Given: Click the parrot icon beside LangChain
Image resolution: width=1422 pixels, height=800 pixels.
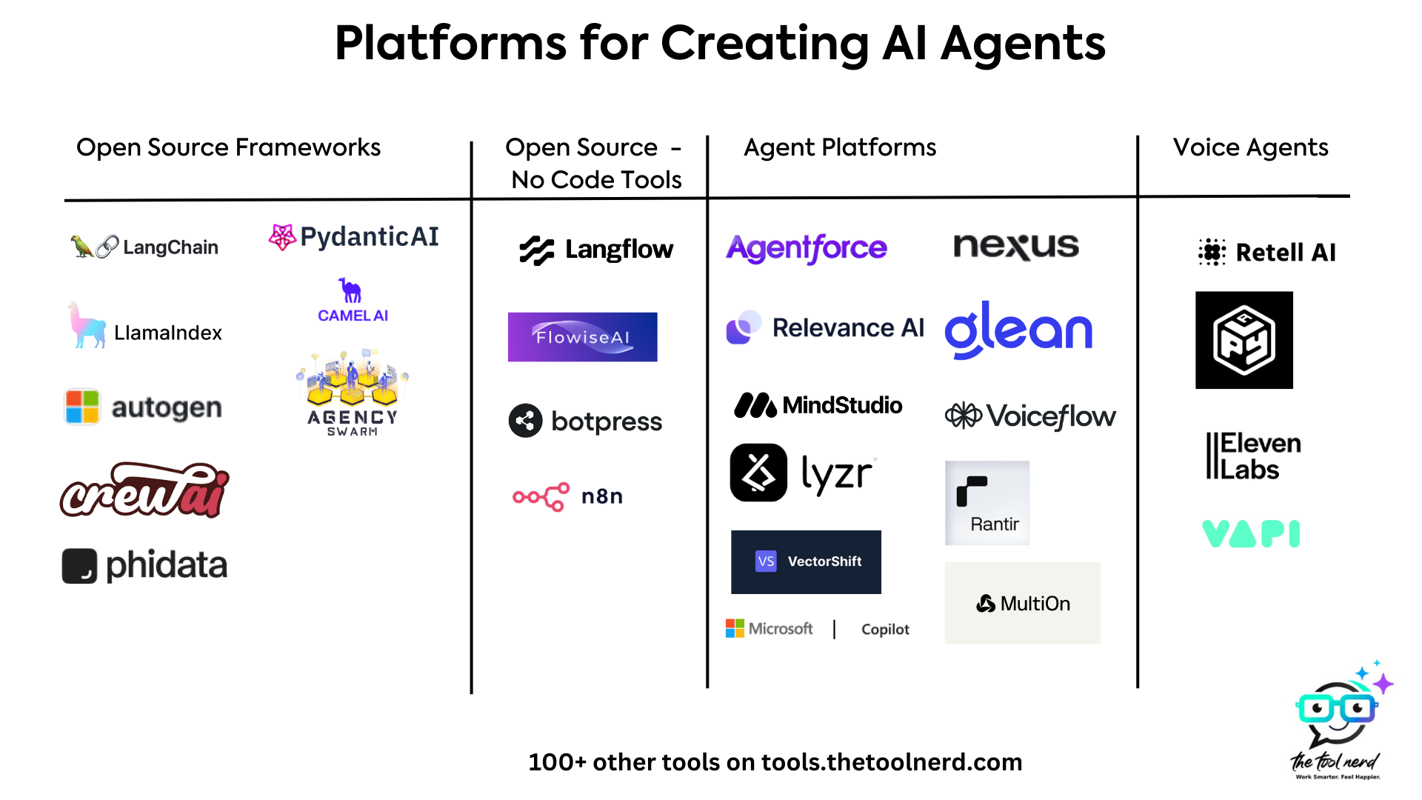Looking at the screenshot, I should pos(81,247).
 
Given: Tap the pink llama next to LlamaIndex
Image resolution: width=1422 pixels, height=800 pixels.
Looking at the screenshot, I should pos(86,327).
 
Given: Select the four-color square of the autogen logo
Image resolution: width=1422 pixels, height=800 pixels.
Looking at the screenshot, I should pos(82,407).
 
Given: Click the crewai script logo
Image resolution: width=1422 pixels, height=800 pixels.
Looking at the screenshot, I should pos(145,491).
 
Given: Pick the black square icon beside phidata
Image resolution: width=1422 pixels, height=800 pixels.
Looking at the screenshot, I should pos(79,566).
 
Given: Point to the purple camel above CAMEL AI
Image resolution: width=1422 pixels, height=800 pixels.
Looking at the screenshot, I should pos(350,290).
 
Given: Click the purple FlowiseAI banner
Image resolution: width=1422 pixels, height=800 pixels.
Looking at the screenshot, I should pos(582,337).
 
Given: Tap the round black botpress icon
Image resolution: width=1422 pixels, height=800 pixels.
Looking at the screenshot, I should pos(525,421).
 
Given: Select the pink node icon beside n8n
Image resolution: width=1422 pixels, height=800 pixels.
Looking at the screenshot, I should pos(541,496).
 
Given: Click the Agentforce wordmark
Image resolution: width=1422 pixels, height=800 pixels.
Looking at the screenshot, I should pos(807,248).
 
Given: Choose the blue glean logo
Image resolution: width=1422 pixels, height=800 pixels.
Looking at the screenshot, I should pos(1018,330).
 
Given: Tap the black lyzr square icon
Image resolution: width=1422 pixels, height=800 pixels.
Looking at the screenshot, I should pos(758,473).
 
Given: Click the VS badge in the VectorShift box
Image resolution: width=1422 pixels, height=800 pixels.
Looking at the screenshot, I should pos(766,561).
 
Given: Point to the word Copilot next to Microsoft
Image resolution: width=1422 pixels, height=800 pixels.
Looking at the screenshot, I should pos(885,629).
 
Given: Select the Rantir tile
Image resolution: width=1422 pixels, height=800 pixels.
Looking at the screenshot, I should pos(987,503).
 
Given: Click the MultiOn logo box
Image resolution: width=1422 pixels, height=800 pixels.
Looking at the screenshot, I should pos(1022,603).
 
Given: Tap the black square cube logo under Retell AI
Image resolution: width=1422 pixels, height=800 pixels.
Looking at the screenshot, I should pos(1244,340).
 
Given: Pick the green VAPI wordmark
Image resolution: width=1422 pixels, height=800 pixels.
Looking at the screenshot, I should pos(1251,533).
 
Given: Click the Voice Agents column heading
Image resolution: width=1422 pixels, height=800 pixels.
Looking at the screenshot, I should pos(1250,147).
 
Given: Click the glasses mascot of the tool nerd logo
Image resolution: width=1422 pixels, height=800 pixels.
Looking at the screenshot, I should pos(1338,711).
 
